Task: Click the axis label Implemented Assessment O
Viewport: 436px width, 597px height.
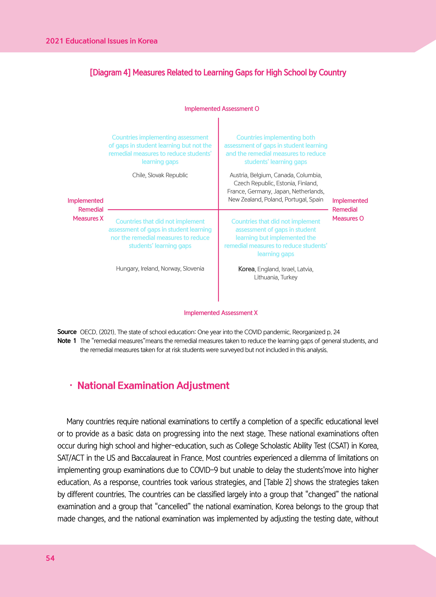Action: [x=222, y=109]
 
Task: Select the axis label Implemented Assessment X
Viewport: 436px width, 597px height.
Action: [x=221, y=313]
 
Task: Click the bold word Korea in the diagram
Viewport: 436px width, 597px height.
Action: [x=246, y=269]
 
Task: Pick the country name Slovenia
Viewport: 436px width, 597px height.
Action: [x=193, y=269]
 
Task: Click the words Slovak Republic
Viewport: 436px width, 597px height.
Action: [x=168, y=175]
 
